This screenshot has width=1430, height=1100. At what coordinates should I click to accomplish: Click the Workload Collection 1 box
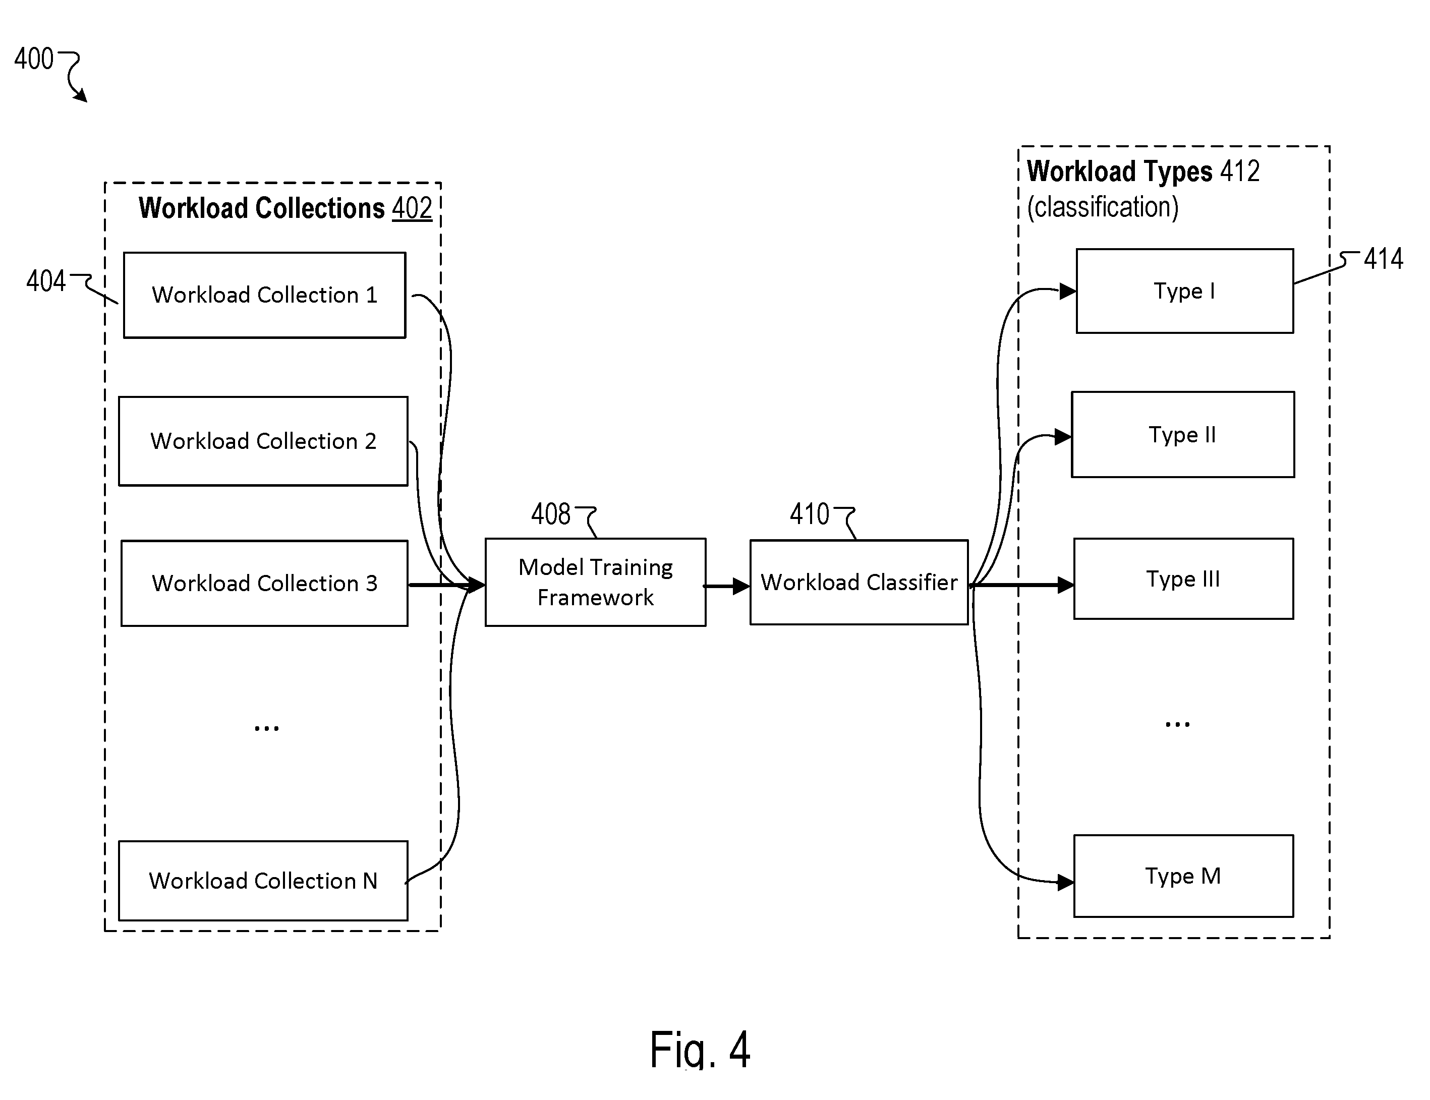[x=264, y=295]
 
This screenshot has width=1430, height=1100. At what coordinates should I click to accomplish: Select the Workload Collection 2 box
[x=263, y=441]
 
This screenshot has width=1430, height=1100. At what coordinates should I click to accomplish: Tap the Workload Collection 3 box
[x=264, y=584]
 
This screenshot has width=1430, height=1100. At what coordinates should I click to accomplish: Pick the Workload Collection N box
[x=263, y=881]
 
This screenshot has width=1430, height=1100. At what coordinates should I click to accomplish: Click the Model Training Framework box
[x=595, y=582]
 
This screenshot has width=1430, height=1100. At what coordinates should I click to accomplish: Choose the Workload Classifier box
[x=859, y=582]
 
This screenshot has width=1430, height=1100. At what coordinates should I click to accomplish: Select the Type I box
[x=1184, y=291]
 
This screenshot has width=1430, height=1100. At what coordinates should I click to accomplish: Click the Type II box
[x=1182, y=435]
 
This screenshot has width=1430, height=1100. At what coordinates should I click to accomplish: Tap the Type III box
[x=1183, y=579]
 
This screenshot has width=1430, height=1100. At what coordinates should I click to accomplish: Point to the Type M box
[x=1183, y=876]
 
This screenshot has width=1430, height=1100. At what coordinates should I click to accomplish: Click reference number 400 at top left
[x=34, y=59]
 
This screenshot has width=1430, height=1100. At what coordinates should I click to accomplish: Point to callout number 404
[x=46, y=281]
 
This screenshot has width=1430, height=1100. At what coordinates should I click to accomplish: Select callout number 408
[x=551, y=514]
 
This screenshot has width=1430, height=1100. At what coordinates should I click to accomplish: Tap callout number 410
[x=809, y=514]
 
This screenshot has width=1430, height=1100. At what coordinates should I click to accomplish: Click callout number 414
[x=1384, y=259]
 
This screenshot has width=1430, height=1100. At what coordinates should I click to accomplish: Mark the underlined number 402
[x=412, y=208]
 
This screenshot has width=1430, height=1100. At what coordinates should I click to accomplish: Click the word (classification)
[x=1103, y=207]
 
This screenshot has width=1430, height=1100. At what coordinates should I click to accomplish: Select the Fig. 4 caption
[x=699, y=1049]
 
